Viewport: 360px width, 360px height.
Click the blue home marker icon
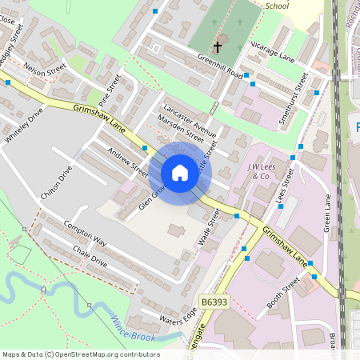click(x=179, y=173)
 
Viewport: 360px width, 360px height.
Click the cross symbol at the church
click(x=217, y=48)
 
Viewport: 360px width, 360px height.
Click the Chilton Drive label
click(x=55, y=183)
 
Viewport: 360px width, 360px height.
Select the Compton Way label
click(x=86, y=234)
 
